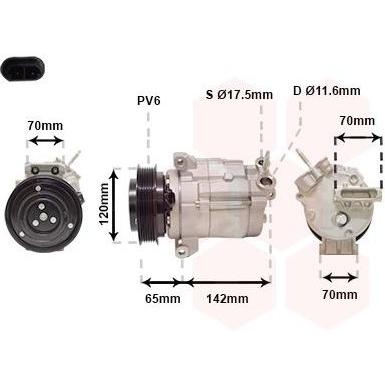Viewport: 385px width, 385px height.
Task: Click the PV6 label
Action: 149,100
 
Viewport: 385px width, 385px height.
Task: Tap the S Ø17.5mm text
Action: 239,95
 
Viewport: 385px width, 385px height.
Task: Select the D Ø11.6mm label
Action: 326,91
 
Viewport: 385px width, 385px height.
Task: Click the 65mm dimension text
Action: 162,298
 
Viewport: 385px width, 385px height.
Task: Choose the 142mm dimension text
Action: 229,298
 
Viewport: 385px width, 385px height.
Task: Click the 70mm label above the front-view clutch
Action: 44,126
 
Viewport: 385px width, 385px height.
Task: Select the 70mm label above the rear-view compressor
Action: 356,121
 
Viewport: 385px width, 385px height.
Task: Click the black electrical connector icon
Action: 22,72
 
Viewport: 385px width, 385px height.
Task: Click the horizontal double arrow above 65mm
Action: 161,282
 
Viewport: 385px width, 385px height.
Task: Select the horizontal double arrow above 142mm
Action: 229,282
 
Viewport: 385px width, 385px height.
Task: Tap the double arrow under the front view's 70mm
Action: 44,141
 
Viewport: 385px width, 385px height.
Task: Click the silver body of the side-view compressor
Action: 220,200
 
